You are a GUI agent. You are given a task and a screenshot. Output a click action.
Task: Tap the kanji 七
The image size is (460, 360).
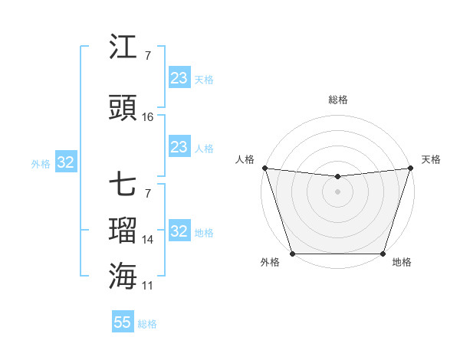123,185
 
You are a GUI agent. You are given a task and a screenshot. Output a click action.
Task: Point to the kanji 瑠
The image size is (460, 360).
123,230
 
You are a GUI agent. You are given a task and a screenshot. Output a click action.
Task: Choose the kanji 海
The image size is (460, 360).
123,276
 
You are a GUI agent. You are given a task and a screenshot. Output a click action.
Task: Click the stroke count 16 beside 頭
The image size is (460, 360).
148,117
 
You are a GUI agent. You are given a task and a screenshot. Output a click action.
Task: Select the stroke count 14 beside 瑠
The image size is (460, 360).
148,240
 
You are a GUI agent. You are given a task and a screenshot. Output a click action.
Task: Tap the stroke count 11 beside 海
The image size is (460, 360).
148,285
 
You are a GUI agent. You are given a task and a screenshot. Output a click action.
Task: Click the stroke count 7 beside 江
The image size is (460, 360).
147,56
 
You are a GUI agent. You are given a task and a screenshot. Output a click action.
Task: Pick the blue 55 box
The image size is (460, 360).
123,322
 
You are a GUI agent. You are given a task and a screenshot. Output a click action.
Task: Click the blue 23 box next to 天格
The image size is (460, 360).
179,78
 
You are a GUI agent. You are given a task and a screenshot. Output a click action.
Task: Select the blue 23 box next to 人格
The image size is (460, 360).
179,147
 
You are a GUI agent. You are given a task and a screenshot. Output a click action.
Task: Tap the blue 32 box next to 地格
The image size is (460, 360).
179,231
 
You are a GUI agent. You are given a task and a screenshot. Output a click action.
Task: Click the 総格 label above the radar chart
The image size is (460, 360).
337,100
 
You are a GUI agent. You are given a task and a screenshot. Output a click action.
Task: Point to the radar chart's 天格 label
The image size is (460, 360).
431,159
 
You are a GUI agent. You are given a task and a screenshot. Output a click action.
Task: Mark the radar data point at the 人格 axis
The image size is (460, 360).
264,168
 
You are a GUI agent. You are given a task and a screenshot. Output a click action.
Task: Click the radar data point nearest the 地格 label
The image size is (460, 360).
383,254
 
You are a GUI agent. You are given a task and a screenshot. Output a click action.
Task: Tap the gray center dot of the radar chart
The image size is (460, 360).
337,191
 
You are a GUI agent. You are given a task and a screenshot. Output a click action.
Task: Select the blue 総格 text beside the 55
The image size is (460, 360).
147,324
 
